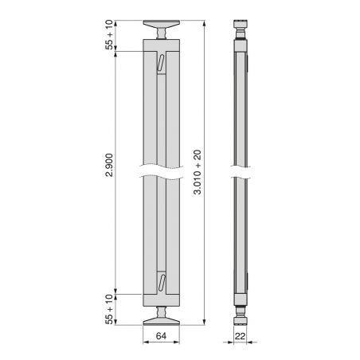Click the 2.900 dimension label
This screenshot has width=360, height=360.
(109, 165)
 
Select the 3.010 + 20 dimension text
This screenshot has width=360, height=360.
(198, 172)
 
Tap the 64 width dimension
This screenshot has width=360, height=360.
(161, 336)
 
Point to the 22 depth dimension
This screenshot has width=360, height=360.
(240, 336)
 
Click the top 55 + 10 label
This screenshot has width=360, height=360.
(109, 34)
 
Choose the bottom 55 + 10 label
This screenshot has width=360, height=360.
(109, 309)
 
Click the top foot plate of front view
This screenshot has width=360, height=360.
(162, 24)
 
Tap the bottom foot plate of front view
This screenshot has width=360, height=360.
(162, 321)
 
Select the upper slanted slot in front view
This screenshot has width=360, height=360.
(160, 63)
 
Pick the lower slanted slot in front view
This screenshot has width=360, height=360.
(162, 283)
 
